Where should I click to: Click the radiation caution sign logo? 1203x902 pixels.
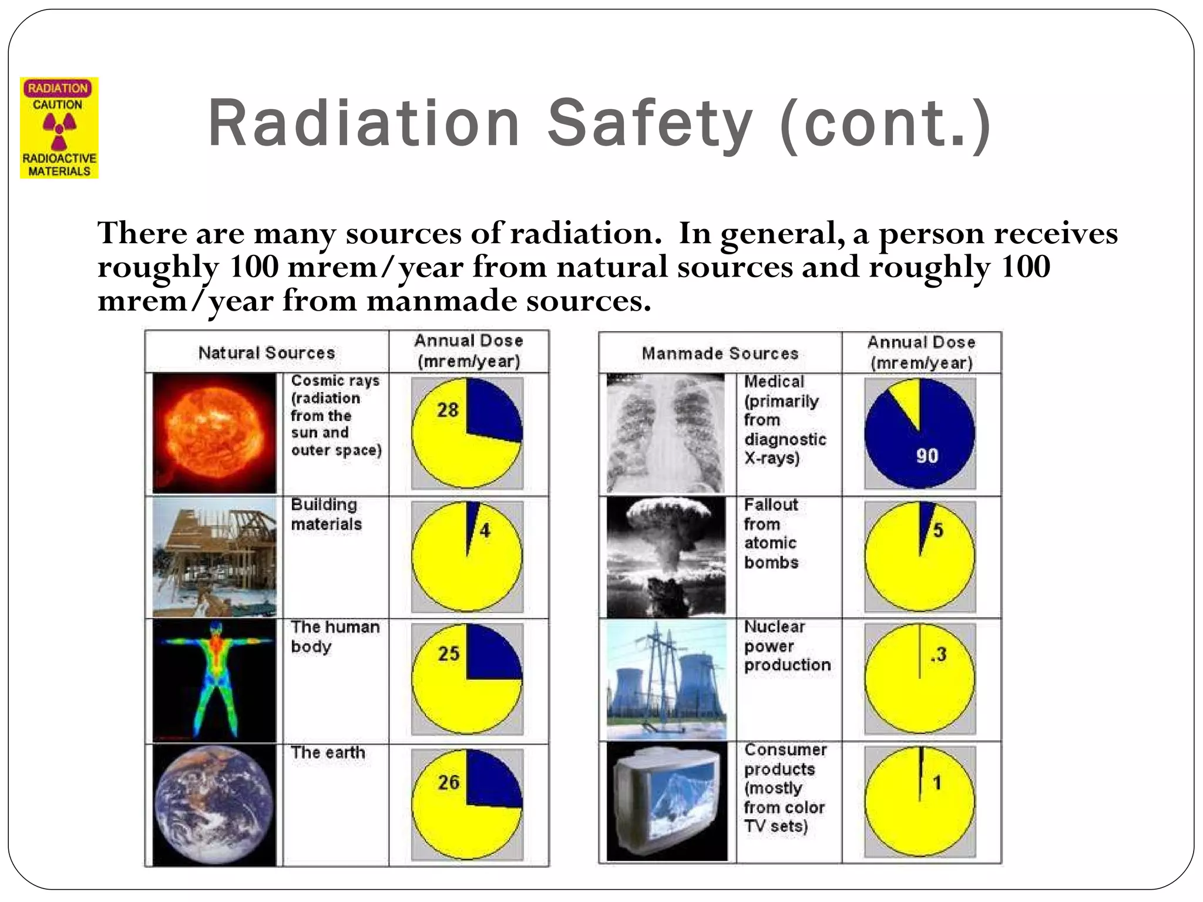(59, 128)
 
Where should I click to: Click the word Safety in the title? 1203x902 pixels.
(649, 124)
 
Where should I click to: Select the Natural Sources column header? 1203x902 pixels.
(266, 353)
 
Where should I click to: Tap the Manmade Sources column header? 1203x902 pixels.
(720, 354)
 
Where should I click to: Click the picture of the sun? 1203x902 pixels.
(214, 433)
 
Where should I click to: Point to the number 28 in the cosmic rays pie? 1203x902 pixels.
(448, 410)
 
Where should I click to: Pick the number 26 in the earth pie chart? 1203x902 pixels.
(449, 782)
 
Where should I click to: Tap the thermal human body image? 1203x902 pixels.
(214, 680)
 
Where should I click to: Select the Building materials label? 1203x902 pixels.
(326, 514)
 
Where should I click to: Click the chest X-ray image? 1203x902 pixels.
(666, 433)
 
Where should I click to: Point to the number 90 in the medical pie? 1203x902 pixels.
(927, 456)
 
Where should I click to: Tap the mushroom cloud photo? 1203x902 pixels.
(666, 557)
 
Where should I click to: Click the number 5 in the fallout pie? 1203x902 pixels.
(938, 530)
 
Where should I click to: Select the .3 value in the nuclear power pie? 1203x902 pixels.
(938, 654)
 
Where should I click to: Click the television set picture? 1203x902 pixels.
(666, 802)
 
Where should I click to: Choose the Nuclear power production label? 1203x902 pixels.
(787, 646)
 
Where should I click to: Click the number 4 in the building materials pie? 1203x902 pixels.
(485, 531)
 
